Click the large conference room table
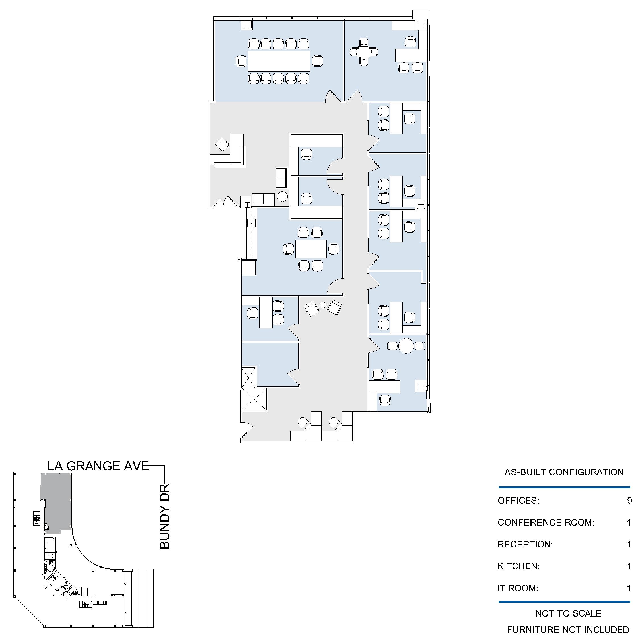279,61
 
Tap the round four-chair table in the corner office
364,52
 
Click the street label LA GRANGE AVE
98,466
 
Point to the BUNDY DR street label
165,516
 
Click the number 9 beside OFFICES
629,501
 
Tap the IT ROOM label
518,588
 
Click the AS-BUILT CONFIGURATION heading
564,472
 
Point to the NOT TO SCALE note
568,613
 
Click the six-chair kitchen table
311,249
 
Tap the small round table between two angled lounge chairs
323,305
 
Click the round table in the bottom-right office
406,346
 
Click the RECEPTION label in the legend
524,544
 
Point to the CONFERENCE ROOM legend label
546,523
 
